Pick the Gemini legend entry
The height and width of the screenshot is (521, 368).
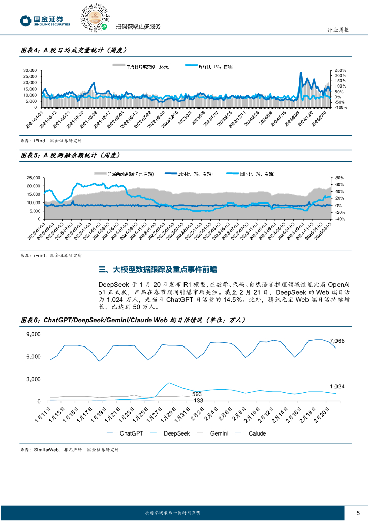[214, 433]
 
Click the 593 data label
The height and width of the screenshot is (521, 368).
[197, 394]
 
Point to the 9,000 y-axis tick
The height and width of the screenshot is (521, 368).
[34, 334]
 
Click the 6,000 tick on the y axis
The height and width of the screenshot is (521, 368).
[34, 357]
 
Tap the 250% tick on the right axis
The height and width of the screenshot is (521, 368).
[341, 70]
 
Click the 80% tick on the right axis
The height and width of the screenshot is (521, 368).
[340, 178]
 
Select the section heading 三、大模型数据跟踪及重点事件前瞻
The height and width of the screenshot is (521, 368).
[160, 269]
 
